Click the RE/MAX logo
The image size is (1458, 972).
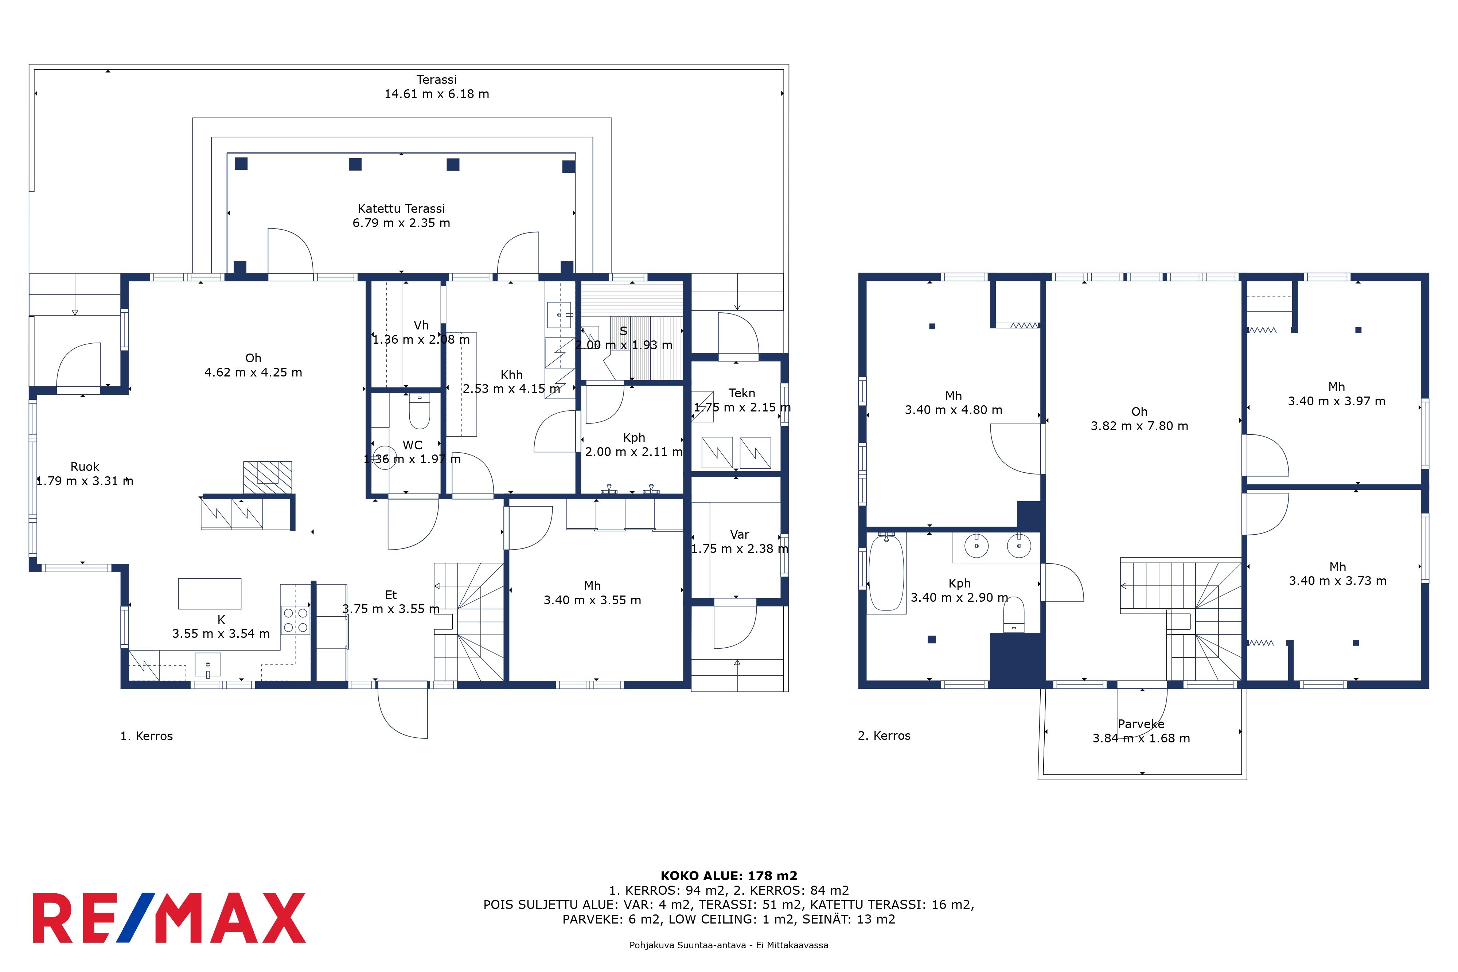(169, 918)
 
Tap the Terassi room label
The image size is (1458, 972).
(436, 79)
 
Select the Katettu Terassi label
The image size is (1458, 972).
(401, 209)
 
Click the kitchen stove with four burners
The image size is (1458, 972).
(296, 620)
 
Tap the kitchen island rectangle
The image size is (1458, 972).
(210, 593)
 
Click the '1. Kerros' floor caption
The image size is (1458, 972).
(146, 736)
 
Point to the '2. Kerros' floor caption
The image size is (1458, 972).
(884, 736)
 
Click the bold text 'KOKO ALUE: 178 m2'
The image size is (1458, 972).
(729, 876)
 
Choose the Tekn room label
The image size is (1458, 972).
(741, 393)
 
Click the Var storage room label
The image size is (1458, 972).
(740, 534)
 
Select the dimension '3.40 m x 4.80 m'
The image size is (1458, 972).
(954, 410)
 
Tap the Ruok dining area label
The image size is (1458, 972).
(85, 467)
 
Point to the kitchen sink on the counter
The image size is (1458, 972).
(208, 664)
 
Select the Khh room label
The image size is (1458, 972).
(511, 374)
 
